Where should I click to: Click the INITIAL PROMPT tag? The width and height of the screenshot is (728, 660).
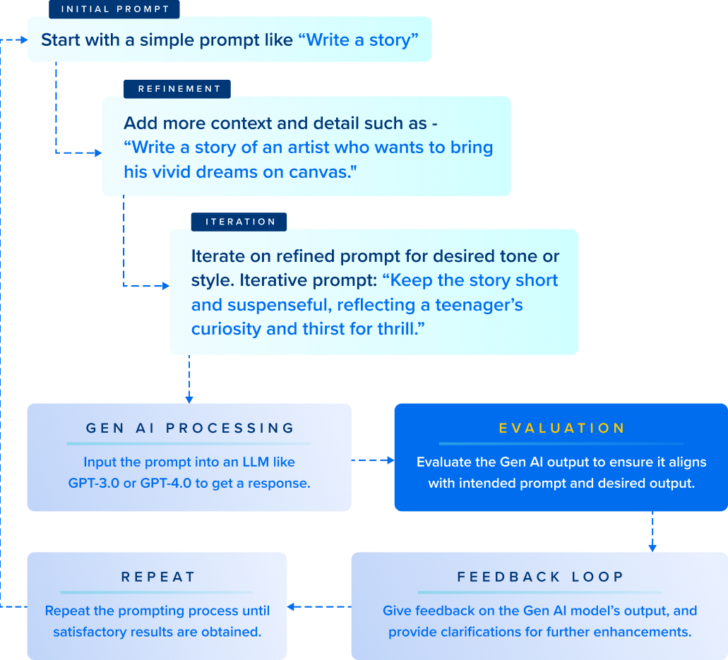(114, 9)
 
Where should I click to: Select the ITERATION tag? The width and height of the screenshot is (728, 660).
(239, 222)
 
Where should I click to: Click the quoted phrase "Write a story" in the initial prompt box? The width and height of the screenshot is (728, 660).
(358, 40)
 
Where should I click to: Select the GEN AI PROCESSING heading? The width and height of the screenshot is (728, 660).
(189, 428)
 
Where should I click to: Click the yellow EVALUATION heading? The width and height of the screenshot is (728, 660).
(561, 428)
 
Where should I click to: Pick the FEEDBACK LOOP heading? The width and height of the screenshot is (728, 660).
(540, 577)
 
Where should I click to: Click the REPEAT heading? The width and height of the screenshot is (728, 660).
(157, 577)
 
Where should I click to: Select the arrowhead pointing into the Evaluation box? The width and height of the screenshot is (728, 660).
(390, 461)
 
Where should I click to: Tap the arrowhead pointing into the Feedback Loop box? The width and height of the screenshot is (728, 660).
(652, 547)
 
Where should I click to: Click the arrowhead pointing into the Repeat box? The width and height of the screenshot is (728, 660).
(292, 606)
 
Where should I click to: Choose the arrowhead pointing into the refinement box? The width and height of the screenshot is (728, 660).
(97, 152)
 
